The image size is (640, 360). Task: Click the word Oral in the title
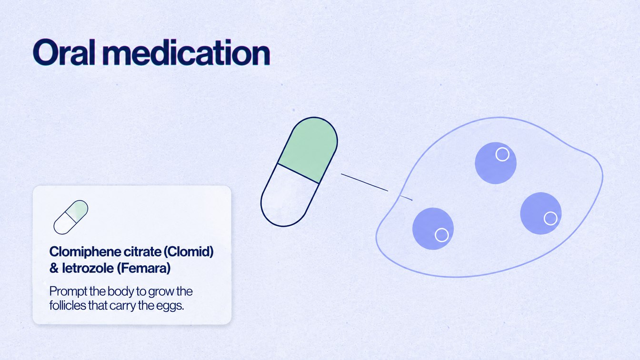pyautogui.click(x=64, y=52)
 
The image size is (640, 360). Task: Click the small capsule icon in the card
pyautogui.click(x=71, y=217)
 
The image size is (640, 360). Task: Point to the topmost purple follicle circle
pyautogui.click(x=495, y=163)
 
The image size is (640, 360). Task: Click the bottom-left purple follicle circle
pyautogui.click(x=433, y=229)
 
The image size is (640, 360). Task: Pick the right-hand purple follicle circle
pyautogui.click(x=541, y=213)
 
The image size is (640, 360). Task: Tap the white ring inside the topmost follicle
pyautogui.click(x=502, y=154)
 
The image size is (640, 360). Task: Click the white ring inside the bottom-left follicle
pyautogui.click(x=442, y=235)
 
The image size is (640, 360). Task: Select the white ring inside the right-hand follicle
pyautogui.click(x=550, y=219)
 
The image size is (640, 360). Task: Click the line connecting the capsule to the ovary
pyautogui.click(x=377, y=187)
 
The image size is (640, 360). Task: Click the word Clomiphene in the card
pyautogui.click(x=85, y=252)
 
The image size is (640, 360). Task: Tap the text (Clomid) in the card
pyautogui.click(x=189, y=252)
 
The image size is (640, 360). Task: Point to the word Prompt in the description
pyautogui.click(x=68, y=292)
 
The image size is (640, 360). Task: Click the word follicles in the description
pyautogui.click(x=68, y=305)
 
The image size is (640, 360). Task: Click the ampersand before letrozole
pyautogui.click(x=54, y=269)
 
